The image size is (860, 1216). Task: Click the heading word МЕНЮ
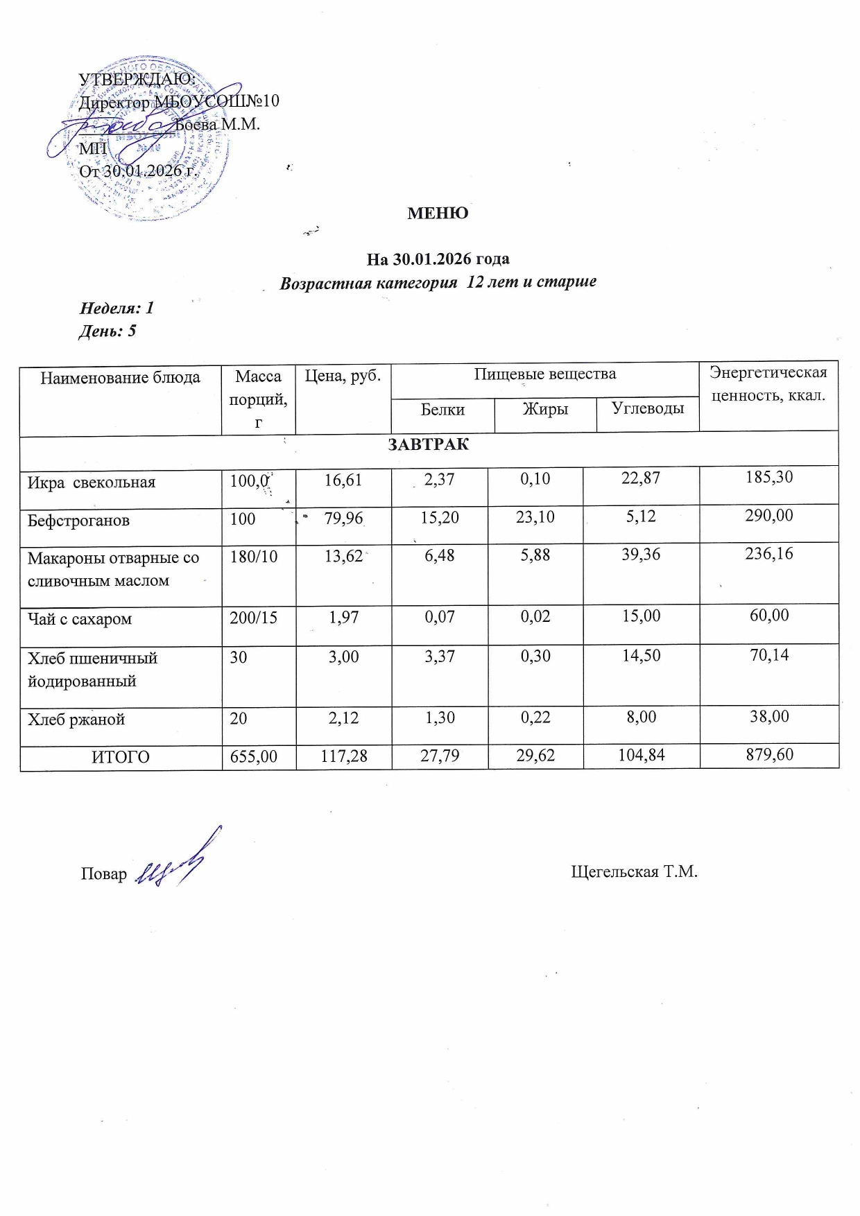tap(438, 214)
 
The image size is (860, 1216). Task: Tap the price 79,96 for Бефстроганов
tap(343, 519)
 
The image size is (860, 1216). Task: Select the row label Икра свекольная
tap(92, 483)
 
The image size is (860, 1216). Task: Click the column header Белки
tap(442, 410)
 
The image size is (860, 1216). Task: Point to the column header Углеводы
tap(648, 408)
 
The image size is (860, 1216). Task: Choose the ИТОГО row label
tap(121, 757)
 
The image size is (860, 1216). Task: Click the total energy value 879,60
tap(769, 754)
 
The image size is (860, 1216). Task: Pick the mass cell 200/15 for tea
tap(253, 618)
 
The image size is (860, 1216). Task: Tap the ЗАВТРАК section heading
tap(428, 445)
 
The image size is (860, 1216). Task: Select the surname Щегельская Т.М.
tap(634, 871)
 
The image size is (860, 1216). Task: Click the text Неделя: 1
tap(117, 308)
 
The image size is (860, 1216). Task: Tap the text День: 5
tap(108, 331)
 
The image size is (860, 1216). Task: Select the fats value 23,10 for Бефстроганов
tap(535, 516)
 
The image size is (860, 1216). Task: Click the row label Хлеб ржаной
tap(76, 720)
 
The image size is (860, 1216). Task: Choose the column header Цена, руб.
tap(343, 376)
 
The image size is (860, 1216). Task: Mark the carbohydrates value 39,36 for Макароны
tap(641, 555)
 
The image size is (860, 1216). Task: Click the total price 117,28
tap(344, 756)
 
